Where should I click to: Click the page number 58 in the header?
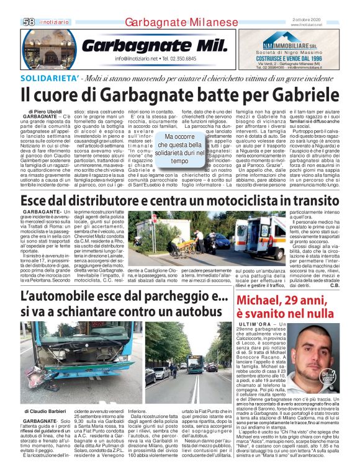pyautogui.click(x=29, y=22)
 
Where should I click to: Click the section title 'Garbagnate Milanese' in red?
pyautogui.click(x=181, y=22)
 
